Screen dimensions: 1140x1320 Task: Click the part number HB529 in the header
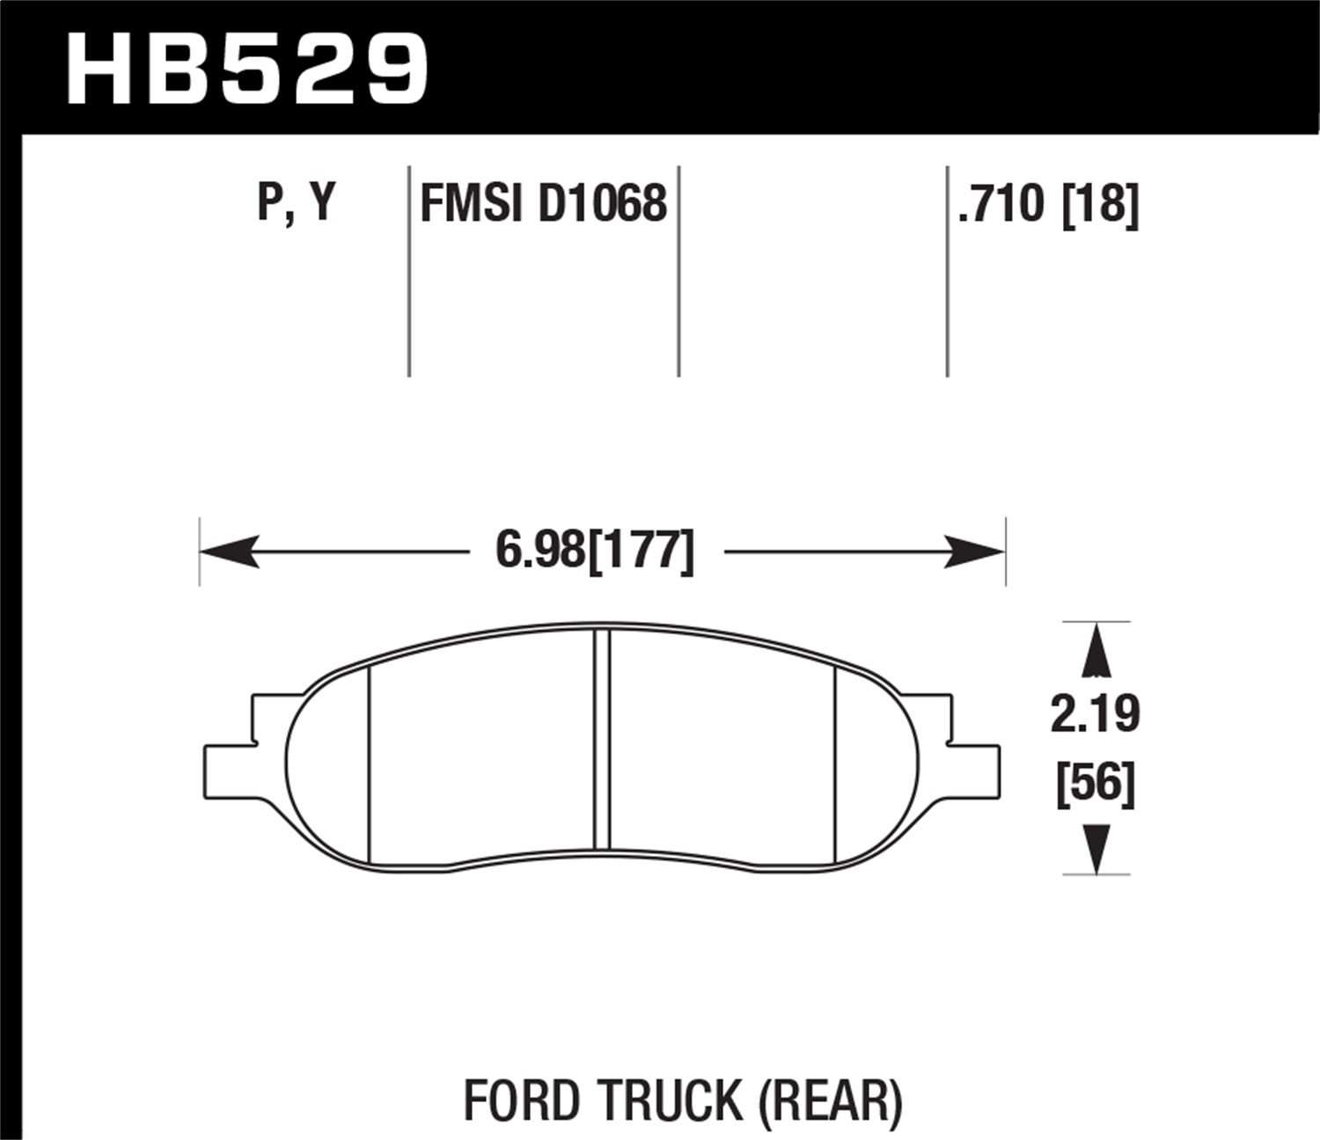coord(247,68)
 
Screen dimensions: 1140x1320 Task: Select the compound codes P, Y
coord(297,203)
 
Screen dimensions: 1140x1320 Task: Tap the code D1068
coord(602,204)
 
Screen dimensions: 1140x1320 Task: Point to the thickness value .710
coord(1001,204)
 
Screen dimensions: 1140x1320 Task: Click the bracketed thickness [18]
coord(1100,204)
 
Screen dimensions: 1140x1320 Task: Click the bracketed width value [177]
coord(641,552)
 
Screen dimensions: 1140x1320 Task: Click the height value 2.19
coord(1095,713)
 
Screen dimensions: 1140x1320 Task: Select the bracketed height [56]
coord(1095,783)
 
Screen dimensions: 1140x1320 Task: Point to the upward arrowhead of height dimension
coord(1096,651)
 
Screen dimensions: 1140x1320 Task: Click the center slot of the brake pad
coord(602,741)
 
